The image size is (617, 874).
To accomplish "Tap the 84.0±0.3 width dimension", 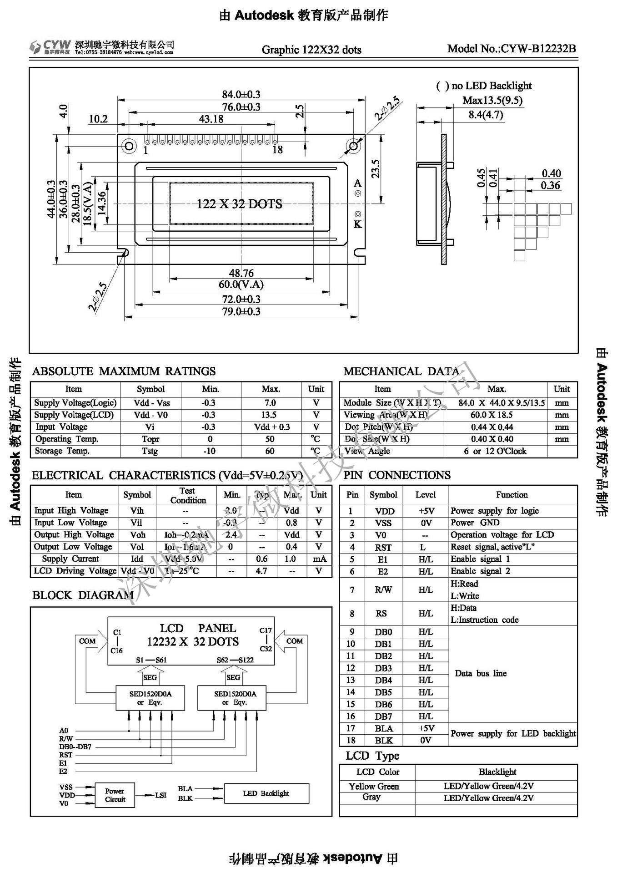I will pos(241,94).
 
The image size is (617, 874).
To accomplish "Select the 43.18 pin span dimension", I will pos(211,119).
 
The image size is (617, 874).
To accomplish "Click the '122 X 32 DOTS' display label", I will pos(239,204).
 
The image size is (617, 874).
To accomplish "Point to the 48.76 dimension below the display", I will pos(241,273).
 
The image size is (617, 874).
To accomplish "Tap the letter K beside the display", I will pos(357,224).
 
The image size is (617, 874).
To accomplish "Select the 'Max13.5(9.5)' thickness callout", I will pos(492,100).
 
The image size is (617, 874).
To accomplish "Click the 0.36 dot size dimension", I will pos(550,185).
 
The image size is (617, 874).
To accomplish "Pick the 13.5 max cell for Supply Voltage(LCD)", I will pos(269,415).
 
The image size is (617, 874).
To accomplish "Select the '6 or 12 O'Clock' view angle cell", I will pos(495,451).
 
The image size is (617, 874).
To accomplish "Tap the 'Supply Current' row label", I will pos(70,559).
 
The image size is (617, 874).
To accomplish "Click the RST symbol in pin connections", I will pos(383,548).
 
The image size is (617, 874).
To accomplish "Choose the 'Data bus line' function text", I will pos(481,674).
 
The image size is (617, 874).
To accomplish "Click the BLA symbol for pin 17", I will pos(384,729).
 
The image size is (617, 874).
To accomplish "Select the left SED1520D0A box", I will pos(150,697).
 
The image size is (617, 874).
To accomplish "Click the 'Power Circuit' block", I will pos(115,795).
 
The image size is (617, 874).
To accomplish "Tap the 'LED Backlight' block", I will pos(266,793).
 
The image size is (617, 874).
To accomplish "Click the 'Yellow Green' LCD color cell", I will pos(374,787).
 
